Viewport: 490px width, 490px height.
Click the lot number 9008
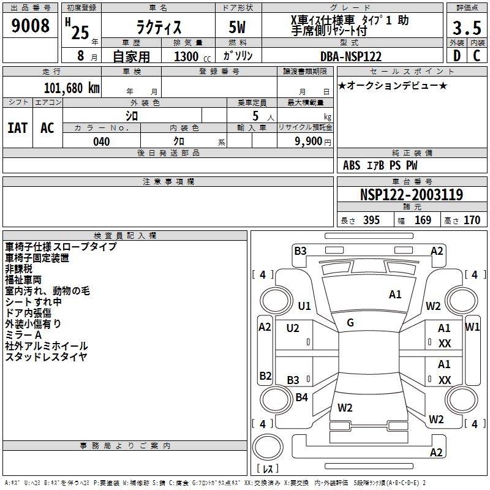[31, 26]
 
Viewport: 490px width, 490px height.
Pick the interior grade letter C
[477, 56]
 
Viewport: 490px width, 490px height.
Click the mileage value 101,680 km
[71, 88]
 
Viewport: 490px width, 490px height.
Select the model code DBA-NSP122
[351, 56]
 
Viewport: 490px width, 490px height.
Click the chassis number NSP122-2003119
[411, 195]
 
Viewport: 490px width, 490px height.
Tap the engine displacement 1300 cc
[189, 56]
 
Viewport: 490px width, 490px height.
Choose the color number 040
[101, 141]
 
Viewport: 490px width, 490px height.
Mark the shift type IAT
[17, 127]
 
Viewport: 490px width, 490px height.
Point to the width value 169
[423, 220]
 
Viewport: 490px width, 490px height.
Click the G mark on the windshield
[350, 323]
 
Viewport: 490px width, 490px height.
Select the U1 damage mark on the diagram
[304, 306]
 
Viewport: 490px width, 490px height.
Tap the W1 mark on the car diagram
[472, 327]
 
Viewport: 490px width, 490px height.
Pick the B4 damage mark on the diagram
[301, 398]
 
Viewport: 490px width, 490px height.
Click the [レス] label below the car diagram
[268, 469]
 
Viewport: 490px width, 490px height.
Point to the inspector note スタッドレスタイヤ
[46, 357]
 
